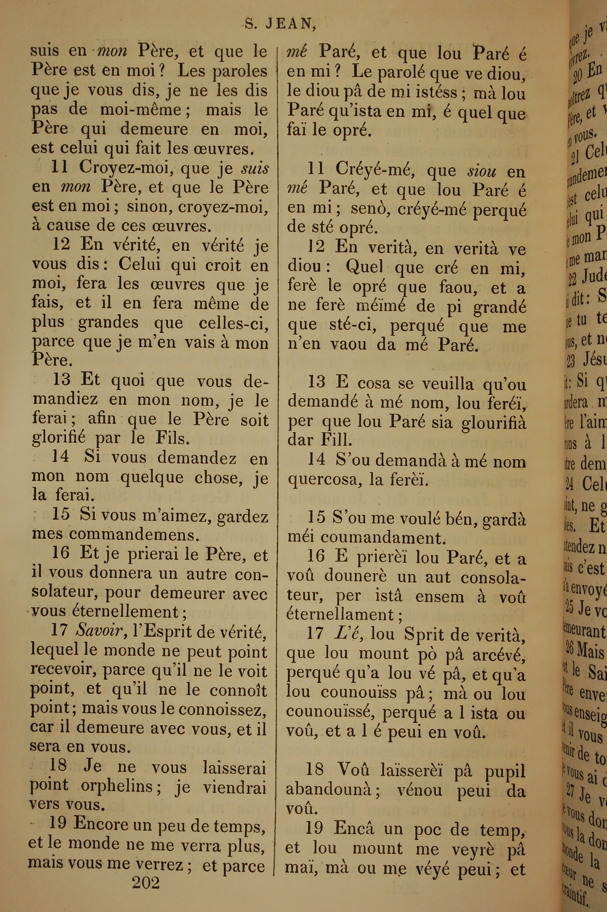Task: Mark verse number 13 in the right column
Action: tap(316, 382)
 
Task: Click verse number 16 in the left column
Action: tap(61, 554)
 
